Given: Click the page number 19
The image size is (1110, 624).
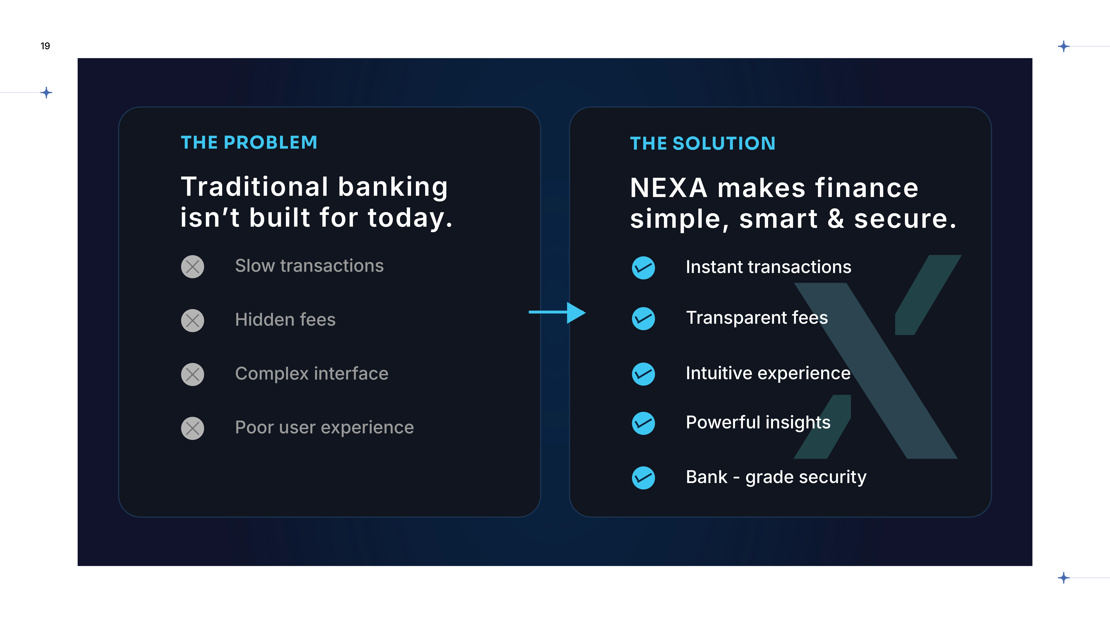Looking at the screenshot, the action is point(45,46).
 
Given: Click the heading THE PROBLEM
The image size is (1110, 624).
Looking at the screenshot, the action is point(249,143).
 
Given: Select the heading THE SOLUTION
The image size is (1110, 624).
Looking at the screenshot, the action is point(703,143).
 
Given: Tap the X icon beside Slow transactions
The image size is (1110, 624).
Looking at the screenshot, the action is point(193,267).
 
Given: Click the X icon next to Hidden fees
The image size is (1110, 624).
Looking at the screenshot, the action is point(193,320).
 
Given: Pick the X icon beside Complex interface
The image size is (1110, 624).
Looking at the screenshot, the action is point(193,374).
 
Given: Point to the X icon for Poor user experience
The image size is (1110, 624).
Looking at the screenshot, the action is point(193,428).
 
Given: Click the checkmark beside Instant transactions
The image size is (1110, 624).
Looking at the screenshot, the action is point(643,268).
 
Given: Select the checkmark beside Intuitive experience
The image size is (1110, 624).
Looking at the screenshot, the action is point(643,374).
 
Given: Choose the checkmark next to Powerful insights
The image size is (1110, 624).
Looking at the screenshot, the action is point(643,423).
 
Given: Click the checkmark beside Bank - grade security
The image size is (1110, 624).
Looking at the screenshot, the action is point(643,478).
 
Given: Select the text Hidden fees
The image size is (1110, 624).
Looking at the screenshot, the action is point(285,320).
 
